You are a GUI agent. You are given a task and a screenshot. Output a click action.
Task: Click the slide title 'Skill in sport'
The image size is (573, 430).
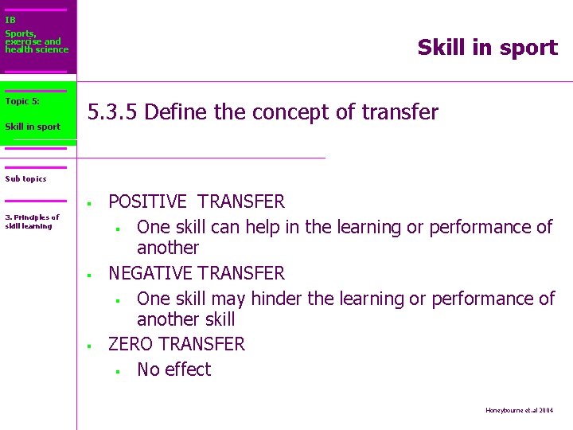[x=487, y=48]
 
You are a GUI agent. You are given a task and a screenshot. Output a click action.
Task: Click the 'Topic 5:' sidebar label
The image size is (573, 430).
[x=22, y=101]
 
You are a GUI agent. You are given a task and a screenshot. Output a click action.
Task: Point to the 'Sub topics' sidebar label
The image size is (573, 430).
[x=25, y=179]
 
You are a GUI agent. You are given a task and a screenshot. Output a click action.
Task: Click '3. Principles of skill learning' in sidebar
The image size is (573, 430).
[x=32, y=221]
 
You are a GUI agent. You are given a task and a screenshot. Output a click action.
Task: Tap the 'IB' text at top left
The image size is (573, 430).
[x=10, y=20]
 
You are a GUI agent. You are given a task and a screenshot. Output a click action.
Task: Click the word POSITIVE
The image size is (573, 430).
[x=147, y=202]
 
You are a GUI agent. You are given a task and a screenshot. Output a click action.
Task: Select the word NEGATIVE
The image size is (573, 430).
[x=150, y=273]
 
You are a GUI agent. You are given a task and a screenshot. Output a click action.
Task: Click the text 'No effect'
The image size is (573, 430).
[x=173, y=369]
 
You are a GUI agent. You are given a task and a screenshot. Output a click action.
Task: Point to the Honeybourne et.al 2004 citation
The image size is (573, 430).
[x=519, y=410]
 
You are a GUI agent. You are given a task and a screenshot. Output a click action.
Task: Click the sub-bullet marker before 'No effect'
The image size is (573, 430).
[x=117, y=371]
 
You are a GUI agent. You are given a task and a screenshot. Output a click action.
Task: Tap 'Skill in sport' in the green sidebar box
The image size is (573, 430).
[x=33, y=127]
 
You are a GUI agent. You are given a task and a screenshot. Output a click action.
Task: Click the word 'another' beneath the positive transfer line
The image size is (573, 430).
[x=168, y=248]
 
